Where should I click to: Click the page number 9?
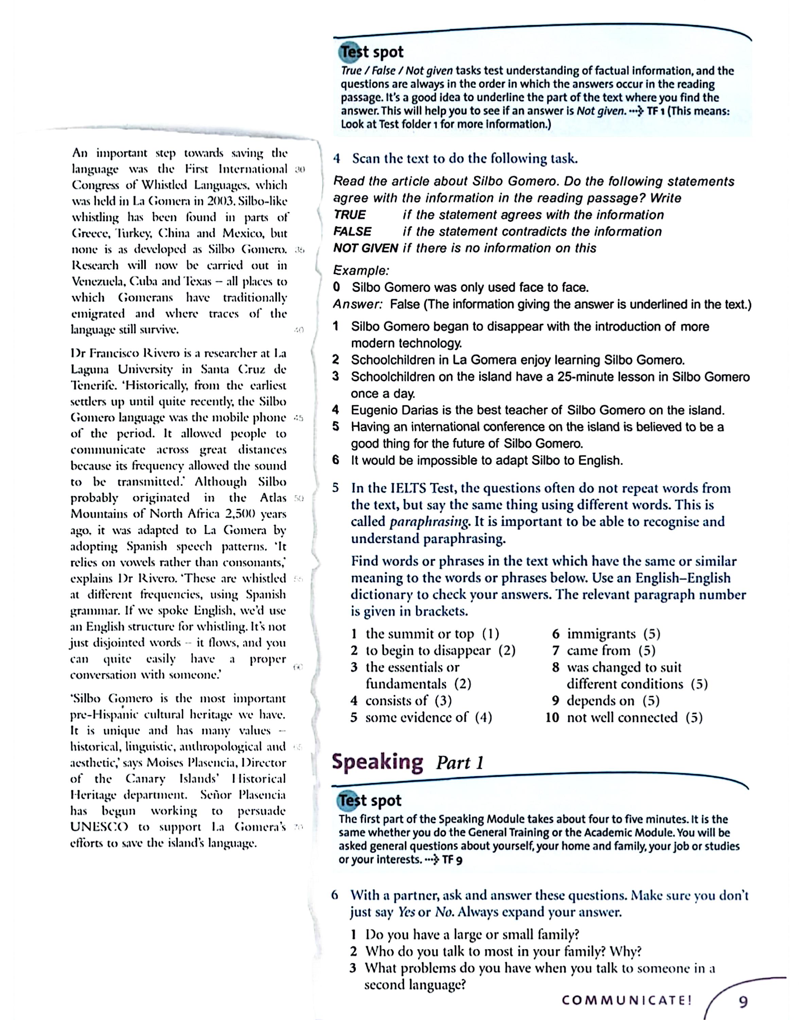[x=743, y=1001]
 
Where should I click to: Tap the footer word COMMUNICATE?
[x=627, y=1000]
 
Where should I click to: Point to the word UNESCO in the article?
[x=99, y=827]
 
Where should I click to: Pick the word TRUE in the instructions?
[x=350, y=215]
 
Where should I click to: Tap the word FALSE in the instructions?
[x=352, y=232]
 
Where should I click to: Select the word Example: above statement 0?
[x=361, y=271]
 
